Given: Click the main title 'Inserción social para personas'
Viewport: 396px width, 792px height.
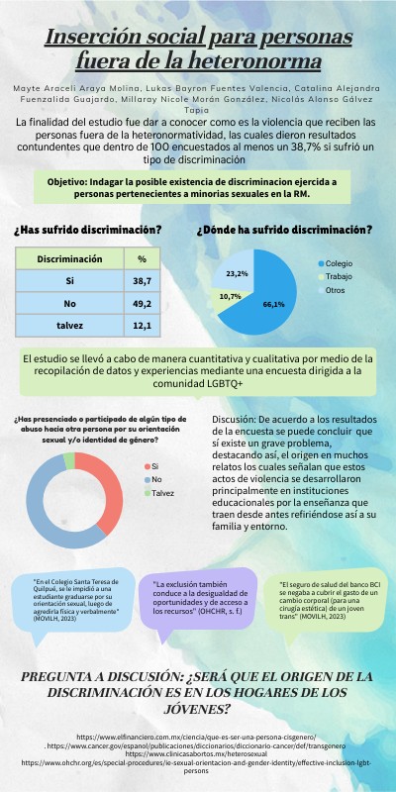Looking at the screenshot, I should click(198, 39).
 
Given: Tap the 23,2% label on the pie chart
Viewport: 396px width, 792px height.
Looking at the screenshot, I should click(237, 272).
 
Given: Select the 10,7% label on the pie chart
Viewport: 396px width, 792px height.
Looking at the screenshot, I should click(230, 296).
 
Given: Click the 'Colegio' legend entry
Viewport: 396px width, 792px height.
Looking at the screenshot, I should click(341, 263).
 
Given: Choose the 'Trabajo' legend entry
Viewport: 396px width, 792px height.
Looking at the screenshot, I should click(340, 276).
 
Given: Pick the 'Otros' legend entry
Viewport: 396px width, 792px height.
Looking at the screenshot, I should click(337, 290).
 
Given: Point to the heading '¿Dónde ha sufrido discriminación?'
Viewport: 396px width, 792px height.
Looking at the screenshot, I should click(284, 230).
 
